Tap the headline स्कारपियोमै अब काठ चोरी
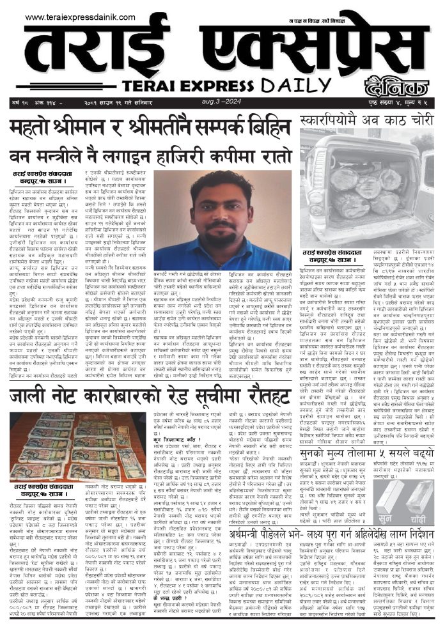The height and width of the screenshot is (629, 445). tap(366, 120)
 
